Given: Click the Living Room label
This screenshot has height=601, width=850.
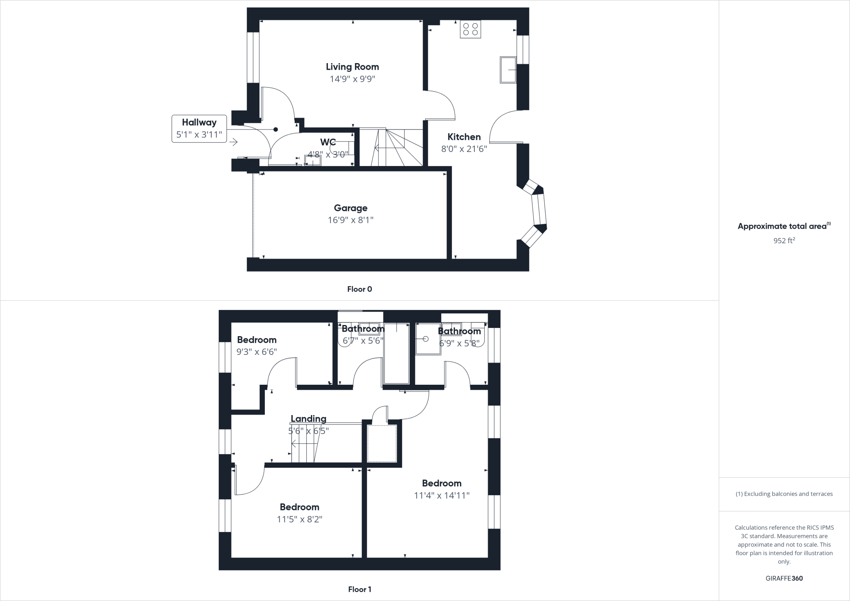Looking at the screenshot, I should tap(352, 67).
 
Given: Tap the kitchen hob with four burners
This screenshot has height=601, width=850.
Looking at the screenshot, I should tap(470, 29).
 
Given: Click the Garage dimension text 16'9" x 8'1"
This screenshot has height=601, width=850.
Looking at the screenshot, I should tap(351, 220).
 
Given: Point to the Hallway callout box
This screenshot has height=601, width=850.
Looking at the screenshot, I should tap(199, 129).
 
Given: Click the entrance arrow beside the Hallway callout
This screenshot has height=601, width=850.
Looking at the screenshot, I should tap(233, 142).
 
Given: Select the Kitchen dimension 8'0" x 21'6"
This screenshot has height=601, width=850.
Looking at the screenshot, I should tap(464, 149).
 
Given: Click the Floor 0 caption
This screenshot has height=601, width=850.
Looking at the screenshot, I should tap(359, 289).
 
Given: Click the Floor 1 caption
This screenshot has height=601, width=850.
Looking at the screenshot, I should tap(359, 589).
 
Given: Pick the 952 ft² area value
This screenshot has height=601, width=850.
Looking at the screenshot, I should tap(784, 240).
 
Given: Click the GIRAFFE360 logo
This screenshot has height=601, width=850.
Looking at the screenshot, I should tap(784, 578).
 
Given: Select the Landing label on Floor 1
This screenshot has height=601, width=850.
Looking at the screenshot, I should tap(308, 419).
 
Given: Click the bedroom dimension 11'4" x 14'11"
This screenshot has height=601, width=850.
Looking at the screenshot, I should tap(442, 495).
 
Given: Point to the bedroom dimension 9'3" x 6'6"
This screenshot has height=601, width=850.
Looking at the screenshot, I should tap(256, 352).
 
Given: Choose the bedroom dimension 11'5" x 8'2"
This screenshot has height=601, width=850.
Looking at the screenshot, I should tap(300, 519).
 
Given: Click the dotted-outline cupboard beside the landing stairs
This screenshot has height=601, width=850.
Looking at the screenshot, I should tap(382, 443).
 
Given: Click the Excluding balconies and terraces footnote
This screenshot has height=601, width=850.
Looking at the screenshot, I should tap(784, 494).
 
